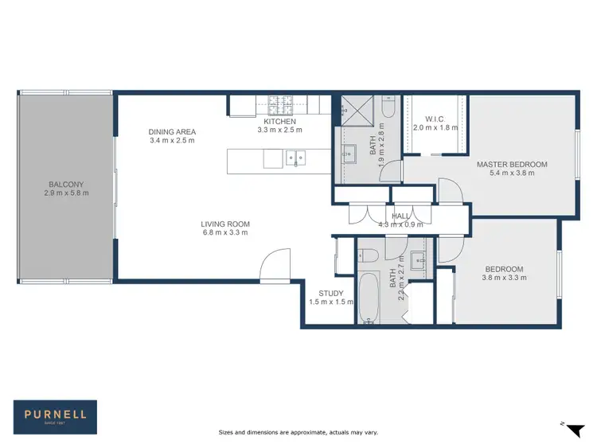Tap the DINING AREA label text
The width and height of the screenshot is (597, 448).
click(172, 132)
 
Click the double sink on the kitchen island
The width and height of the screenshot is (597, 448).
click(295, 158)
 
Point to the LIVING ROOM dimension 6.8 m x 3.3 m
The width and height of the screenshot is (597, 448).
click(224, 233)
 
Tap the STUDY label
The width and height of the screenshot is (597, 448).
click(330, 294)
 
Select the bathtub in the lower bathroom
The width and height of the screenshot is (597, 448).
click(369, 299)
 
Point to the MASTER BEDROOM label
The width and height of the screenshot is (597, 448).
click(512, 165)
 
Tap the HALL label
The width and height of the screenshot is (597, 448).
click(400, 216)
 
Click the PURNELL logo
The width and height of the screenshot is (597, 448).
click(56, 415)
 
